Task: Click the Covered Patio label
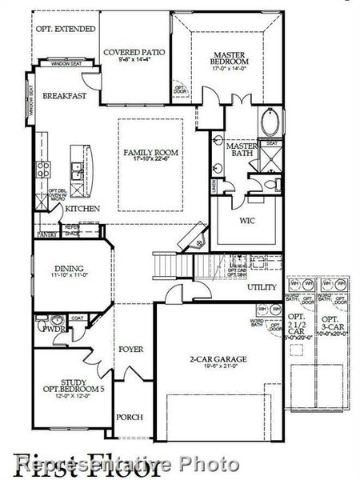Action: pos(135,52)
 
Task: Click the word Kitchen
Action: pos(82,209)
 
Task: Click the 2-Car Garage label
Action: pos(218,360)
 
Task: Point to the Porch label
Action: pos(130,417)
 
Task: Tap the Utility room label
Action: pos(262,286)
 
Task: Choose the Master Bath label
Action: pos(240,150)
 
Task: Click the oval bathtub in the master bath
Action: pos(270,125)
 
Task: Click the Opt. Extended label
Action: pos(66,29)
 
